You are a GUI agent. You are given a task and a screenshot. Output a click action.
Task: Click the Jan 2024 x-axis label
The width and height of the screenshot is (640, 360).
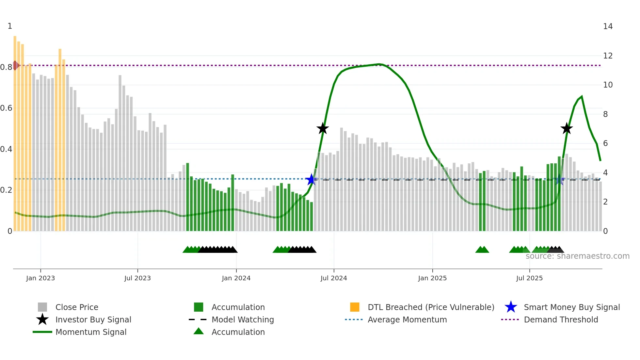coord(236,278)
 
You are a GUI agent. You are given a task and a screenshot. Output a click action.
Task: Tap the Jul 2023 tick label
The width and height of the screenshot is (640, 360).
coord(137,278)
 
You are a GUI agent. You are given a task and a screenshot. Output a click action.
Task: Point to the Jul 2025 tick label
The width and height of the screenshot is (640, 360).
coord(529,278)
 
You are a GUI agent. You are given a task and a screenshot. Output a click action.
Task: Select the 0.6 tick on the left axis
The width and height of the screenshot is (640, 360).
coord(7,108)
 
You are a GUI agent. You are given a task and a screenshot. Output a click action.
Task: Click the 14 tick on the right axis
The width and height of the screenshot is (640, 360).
coord(608,26)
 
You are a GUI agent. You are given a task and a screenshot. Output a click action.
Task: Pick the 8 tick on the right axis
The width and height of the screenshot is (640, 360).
coord(605,114)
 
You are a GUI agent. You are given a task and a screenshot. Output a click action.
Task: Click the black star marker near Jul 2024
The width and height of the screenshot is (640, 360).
coord(323,128)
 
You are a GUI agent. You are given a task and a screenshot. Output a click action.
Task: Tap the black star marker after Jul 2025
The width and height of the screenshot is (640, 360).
coord(567,128)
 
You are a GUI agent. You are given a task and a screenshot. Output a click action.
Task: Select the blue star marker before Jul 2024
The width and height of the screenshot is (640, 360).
coord(311,179)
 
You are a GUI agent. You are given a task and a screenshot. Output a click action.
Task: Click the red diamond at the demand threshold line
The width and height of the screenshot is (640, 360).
coord(15,65)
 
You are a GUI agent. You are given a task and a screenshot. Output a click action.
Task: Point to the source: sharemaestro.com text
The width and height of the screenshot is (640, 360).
coord(577,256)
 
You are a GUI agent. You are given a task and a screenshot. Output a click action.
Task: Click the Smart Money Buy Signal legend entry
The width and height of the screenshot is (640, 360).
coord(571,307)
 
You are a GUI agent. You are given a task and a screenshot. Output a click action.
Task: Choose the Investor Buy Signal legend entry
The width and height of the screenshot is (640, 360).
coord(93,319)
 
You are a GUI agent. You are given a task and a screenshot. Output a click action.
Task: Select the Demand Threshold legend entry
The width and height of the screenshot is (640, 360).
coord(561,319)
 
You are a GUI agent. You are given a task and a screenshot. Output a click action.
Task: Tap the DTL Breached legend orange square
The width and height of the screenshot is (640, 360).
coord(355,307)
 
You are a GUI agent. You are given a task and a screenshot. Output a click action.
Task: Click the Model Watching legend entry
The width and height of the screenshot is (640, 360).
coord(242,319)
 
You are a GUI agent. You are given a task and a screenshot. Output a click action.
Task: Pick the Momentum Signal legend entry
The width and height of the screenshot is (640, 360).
coord(91,332)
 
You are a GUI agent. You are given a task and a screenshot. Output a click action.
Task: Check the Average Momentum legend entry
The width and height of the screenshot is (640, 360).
coord(407,319)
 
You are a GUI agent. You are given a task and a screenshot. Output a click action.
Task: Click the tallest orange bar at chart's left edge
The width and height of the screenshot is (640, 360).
coord(15,131)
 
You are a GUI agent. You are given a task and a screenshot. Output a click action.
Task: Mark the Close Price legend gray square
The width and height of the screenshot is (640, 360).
coord(42,307)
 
